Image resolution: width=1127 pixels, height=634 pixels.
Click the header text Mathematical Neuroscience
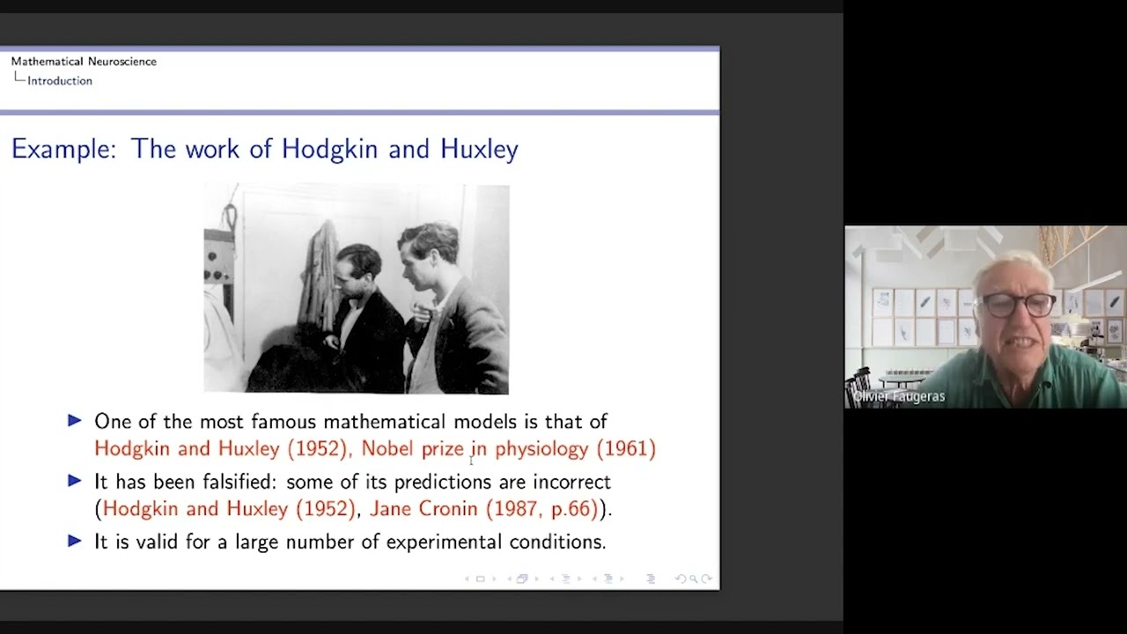point(84,62)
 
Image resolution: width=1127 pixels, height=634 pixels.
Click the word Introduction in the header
point(60,81)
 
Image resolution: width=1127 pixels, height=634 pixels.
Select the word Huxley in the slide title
point(479,149)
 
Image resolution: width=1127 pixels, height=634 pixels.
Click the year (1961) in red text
point(626,448)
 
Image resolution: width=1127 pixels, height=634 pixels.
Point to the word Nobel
point(388,448)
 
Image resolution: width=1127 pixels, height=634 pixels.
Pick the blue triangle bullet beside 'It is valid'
point(75,541)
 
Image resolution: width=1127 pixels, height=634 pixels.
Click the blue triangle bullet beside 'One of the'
point(75,421)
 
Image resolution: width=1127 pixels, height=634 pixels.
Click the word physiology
point(541,449)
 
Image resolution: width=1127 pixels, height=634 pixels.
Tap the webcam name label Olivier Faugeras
point(898,397)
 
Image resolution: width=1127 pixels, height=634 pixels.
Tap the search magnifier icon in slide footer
point(694,579)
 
